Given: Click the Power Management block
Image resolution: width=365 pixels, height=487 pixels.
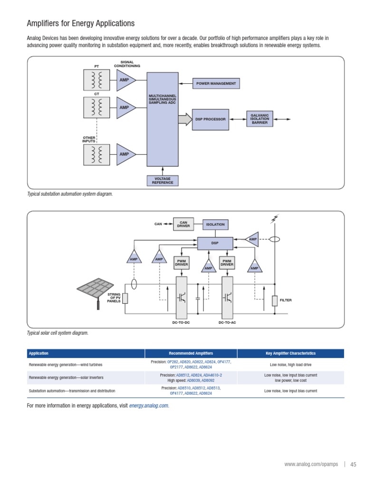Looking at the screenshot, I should coord(216,83).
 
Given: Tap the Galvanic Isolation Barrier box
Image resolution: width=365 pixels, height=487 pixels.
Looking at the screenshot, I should coord(259,119).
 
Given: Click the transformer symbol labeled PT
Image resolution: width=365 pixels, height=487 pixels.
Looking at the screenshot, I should coord(97,80).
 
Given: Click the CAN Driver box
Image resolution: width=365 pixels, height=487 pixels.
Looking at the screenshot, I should coord(183,224).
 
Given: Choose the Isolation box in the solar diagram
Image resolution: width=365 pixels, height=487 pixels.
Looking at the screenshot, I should coord(215,224).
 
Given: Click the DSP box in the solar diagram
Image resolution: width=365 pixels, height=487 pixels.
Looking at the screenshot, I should coord(215,243).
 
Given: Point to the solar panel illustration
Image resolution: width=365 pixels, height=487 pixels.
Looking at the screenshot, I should coord(97,290).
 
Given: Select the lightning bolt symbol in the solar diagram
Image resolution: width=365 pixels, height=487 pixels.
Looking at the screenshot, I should coord(274,219).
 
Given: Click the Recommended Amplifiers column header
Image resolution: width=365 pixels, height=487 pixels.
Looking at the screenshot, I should coord(191,353).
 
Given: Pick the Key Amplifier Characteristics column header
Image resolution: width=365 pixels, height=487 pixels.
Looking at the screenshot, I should coord(290,353).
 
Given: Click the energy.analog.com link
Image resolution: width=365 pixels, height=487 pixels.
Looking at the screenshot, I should coord(149,406).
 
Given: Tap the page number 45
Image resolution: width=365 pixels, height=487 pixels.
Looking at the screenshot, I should coord(353,465).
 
